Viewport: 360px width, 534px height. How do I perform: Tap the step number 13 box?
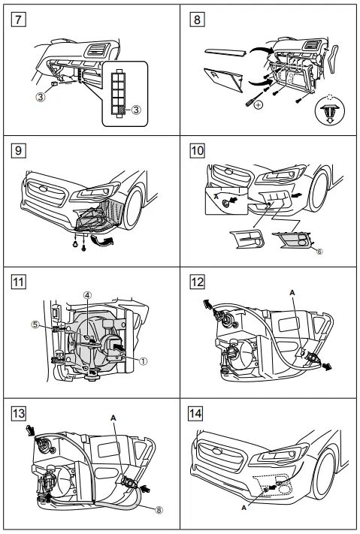point(15,412)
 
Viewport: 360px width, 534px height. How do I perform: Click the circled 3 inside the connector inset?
point(136,110)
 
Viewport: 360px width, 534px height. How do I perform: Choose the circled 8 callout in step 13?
point(159,508)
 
